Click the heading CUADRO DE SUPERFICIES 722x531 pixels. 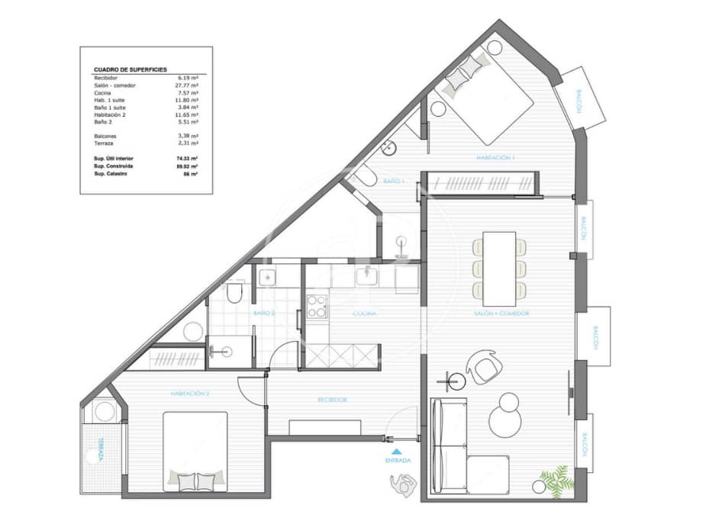coord(130,69)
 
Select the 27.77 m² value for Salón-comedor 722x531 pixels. coord(188,85)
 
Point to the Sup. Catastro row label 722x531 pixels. coord(110,174)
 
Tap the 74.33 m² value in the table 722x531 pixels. coord(188,159)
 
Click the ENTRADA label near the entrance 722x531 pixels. coord(398,461)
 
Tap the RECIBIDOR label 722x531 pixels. coord(334,399)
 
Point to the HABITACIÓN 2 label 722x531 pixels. coord(190,394)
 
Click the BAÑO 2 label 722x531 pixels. coord(265,313)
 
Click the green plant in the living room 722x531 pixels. coord(554,480)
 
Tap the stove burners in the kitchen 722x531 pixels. coord(315,306)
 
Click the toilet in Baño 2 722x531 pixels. coord(234,294)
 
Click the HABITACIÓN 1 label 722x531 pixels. coord(496,158)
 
